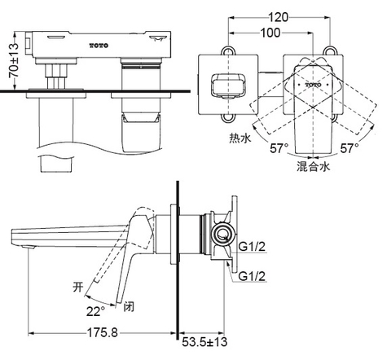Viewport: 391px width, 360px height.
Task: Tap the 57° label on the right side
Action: (349, 149)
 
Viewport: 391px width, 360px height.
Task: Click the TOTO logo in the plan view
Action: (314, 85)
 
